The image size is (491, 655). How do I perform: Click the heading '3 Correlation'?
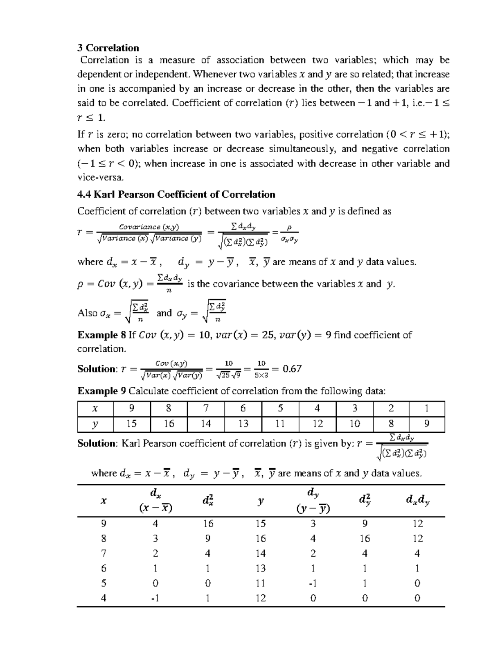coord(108,48)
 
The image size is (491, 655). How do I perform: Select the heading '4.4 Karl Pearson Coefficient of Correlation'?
coord(176,194)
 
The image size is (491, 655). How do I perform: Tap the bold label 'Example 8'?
coord(102,335)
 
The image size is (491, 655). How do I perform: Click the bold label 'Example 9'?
coord(102,391)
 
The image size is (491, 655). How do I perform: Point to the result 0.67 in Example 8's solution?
coord(292,369)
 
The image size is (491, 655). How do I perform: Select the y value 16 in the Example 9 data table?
coord(169,424)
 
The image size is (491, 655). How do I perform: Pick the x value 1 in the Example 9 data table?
coord(427,408)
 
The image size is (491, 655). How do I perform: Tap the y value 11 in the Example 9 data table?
coord(280,424)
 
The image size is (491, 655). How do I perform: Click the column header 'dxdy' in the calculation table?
coord(417,500)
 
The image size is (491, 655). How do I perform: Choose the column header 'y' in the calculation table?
coord(261,500)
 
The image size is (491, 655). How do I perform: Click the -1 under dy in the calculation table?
coord(313,583)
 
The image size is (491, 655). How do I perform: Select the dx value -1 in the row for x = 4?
coord(155,598)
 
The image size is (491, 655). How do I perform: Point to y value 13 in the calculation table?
coord(261,568)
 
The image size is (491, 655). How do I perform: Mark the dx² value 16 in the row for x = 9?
coord(208,524)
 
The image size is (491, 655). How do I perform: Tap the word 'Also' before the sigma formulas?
coord(87,313)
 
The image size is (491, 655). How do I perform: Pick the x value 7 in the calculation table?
coord(104,553)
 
